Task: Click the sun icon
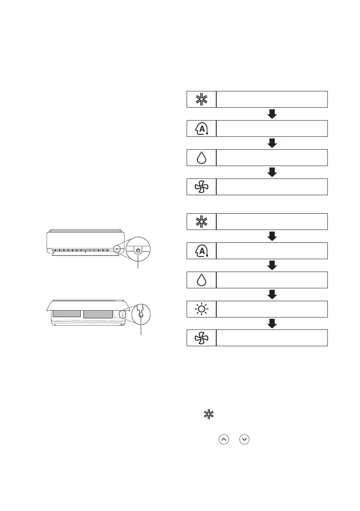tap(201, 308)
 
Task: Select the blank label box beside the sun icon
tap(272, 308)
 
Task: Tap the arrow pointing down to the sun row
tap(272, 294)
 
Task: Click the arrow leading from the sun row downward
tap(272, 324)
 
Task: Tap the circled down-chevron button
tap(245, 440)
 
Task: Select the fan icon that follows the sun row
tap(201, 338)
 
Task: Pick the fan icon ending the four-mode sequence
tap(201, 187)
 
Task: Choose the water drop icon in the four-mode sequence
tap(201, 157)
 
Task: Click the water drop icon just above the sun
tap(201, 279)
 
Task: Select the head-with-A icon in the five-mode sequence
tap(201, 251)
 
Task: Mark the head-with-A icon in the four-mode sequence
tap(201, 128)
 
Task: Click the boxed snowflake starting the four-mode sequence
tap(201, 99)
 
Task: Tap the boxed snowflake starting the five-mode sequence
tap(201, 221)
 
